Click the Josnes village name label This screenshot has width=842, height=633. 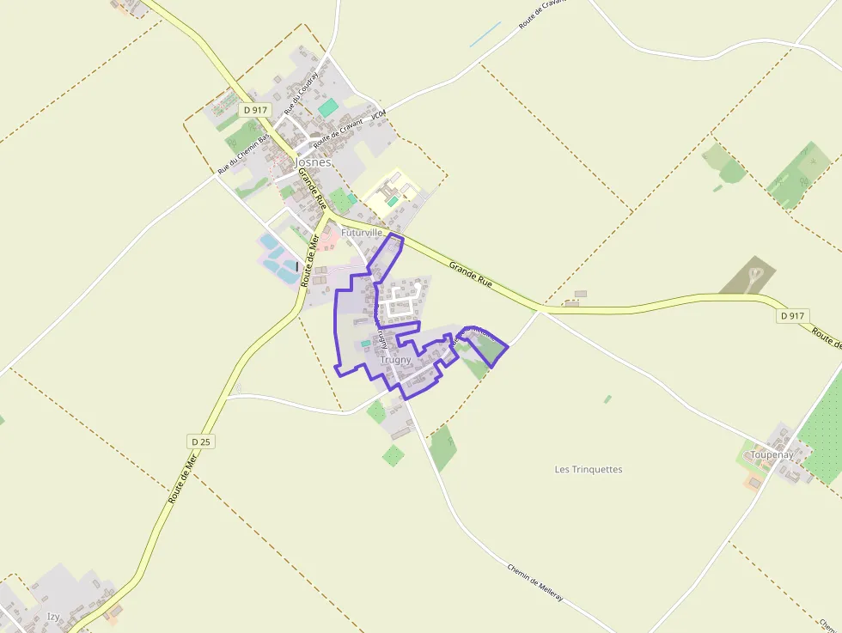coord(313,161)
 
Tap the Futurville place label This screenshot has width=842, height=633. coord(361,233)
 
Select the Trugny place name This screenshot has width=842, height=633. coord(395,360)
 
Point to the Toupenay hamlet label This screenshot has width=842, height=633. coord(771,453)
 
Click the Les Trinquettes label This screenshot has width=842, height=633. coord(589,469)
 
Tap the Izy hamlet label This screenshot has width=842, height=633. coord(54,616)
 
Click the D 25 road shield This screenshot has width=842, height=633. coord(201,441)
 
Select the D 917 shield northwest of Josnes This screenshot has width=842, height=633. coord(255,110)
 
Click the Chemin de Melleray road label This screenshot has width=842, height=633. coord(534,582)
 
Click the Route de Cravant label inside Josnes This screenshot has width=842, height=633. coord(338,131)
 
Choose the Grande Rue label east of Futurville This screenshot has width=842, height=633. coord(470,275)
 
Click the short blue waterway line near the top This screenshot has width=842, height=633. coord(485,34)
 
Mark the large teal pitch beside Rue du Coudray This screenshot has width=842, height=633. coord(328,108)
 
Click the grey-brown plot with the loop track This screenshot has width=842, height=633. coord(749,275)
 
